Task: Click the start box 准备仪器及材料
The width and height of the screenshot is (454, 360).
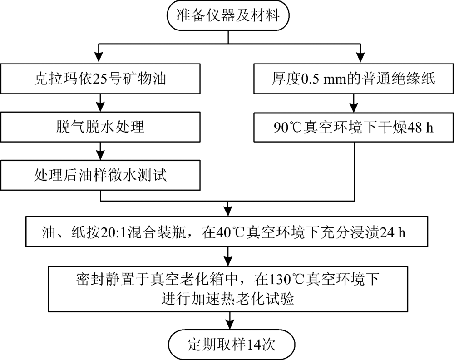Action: coord(228,15)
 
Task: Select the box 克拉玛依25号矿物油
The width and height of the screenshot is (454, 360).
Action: coord(100,79)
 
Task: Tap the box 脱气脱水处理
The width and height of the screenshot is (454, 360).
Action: coord(100,127)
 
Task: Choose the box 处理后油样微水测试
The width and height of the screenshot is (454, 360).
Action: coord(100,175)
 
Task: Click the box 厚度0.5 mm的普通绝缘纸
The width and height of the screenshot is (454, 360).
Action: coord(354,79)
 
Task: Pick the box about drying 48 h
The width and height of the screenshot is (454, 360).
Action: coord(354,127)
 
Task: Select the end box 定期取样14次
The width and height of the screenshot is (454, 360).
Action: coord(232,345)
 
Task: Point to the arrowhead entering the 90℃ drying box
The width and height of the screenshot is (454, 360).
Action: coord(354,107)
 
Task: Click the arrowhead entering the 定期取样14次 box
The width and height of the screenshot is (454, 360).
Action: coord(230,325)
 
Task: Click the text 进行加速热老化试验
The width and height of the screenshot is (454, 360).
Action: coord(228,298)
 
